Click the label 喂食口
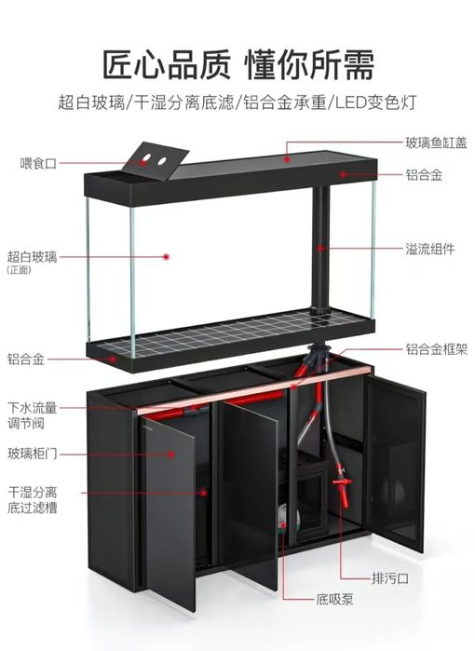[38, 163]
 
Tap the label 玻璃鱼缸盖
[436, 142]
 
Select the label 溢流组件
[429, 249]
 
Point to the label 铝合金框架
[436, 349]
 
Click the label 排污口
[390, 578]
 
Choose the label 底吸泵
[334, 599]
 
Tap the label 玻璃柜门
[32, 453]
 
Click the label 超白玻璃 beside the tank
[32, 257]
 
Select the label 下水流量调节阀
[32, 415]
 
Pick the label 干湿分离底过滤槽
[32, 500]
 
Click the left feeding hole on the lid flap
[146, 158]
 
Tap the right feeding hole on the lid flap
[162, 161]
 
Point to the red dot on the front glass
[166, 256]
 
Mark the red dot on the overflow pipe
[320, 249]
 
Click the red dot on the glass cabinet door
[171, 454]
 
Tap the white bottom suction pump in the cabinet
[288, 518]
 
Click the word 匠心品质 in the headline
[167, 64]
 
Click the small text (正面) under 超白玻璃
[20, 270]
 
